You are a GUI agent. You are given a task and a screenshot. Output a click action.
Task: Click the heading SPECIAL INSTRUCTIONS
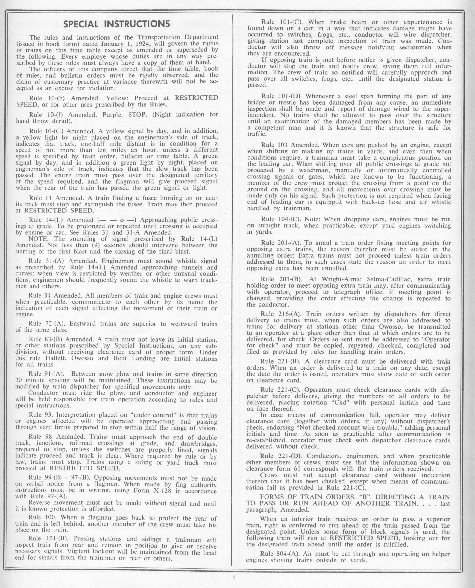pyautogui.click(x=117, y=24)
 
